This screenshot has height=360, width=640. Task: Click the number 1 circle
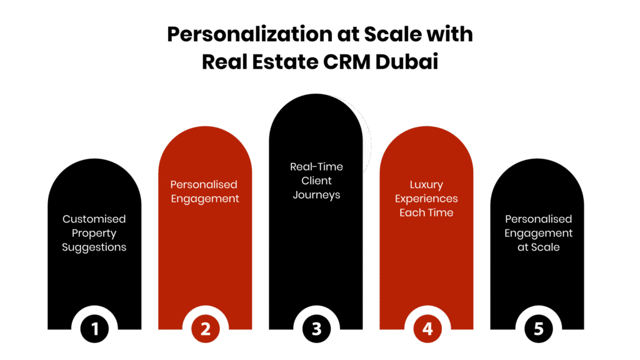pos(95,329)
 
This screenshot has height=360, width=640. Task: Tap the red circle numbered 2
pos(206,329)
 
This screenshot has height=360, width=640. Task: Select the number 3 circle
pos(316,329)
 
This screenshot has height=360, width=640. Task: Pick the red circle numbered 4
pos(427,329)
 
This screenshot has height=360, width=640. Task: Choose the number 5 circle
pos(538,329)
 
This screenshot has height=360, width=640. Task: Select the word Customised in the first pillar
pos(94,219)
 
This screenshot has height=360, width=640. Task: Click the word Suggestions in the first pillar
pos(94,247)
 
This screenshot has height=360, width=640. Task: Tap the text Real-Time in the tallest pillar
pos(316,167)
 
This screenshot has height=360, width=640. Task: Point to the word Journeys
pos(316,195)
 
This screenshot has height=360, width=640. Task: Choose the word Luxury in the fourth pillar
pos(426,185)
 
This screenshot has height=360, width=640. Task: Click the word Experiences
pos(426,199)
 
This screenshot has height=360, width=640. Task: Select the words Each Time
pos(426,213)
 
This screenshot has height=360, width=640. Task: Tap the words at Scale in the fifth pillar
pos(538,247)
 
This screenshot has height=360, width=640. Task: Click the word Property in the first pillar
pos(94,234)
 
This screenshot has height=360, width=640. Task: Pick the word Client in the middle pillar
pos(316,181)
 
